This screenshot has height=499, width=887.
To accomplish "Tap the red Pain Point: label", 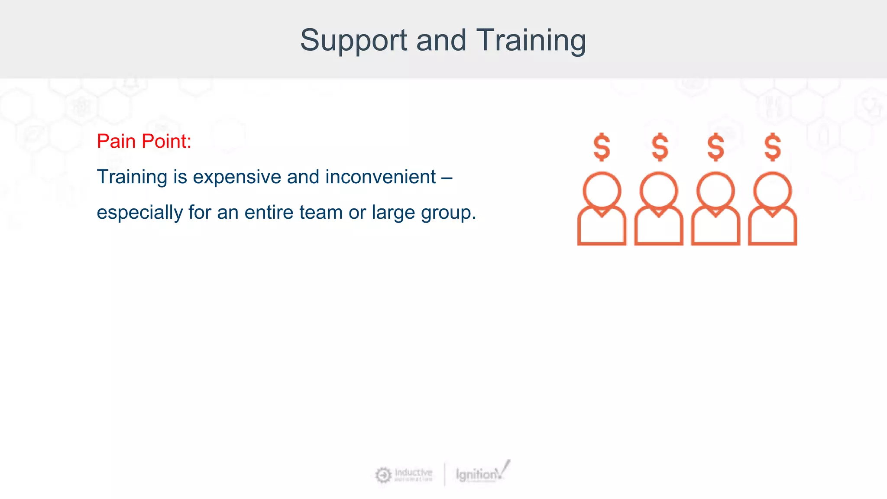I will point(144,141).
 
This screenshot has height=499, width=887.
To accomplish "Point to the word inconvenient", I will point(380,177).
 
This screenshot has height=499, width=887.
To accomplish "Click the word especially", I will point(139,213).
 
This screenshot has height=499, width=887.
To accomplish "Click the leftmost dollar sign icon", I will point(602,147).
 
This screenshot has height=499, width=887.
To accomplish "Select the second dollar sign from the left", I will point(660,147).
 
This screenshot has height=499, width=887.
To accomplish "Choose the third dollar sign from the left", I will point(715,147).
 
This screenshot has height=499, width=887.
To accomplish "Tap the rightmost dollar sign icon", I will point(773,147).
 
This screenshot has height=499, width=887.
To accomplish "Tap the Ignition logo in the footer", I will point(481,474).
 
